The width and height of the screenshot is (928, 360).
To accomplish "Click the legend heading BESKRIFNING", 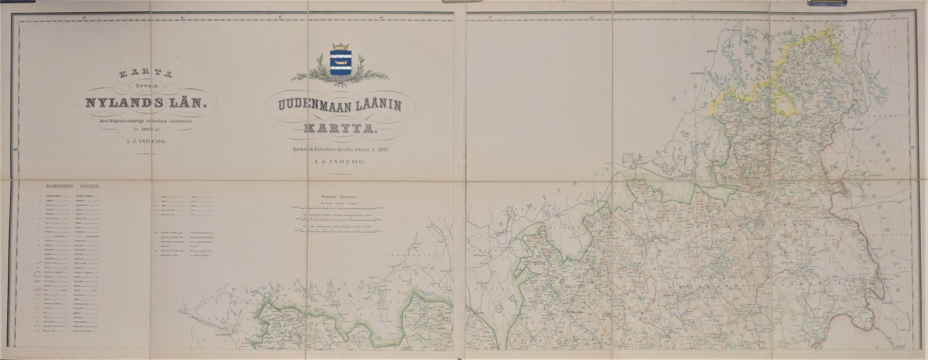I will (x=59, y=186).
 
